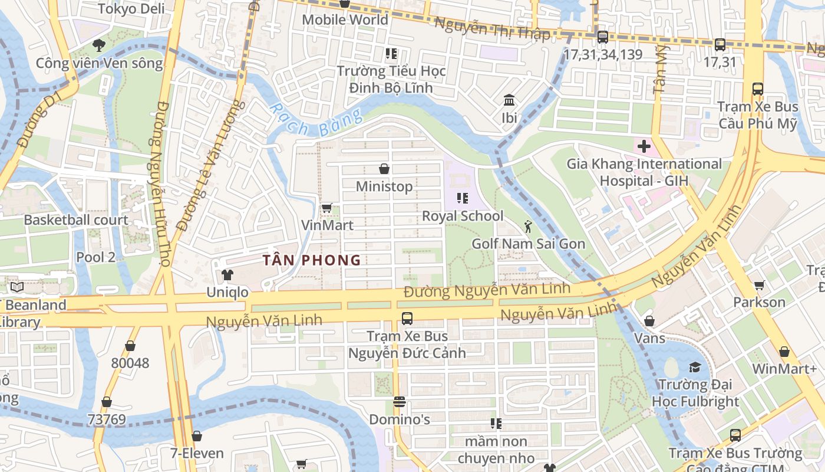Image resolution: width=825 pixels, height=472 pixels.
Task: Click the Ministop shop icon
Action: (x=384, y=169)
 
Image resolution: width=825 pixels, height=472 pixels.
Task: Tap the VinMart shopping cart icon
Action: (x=326, y=208)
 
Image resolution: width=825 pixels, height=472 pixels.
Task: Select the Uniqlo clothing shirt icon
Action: (x=227, y=274)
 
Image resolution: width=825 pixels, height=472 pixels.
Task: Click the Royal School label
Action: (x=463, y=216)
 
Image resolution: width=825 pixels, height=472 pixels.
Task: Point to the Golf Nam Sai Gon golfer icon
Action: (x=528, y=227)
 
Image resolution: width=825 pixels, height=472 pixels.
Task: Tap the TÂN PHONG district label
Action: (x=312, y=260)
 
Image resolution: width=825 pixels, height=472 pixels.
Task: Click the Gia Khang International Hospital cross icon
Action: (x=643, y=146)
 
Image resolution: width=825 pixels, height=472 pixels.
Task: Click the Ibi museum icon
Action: (x=509, y=100)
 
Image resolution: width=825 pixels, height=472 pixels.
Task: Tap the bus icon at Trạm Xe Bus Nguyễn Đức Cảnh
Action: (x=407, y=319)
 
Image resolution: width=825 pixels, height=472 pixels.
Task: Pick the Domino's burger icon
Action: (x=399, y=402)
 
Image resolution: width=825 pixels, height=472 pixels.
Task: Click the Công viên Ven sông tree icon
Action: (x=99, y=45)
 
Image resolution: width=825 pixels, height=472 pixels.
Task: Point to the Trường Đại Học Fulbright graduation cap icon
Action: (x=695, y=367)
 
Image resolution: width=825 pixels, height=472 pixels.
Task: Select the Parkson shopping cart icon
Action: (x=759, y=285)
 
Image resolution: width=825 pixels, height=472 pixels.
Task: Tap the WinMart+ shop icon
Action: (x=784, y=352)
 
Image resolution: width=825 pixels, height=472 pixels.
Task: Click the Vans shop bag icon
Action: (x=649, y=321)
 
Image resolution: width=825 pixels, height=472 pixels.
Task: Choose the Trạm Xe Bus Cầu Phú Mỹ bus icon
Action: (x=758, y=89)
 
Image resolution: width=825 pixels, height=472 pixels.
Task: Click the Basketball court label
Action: (x=76, y=220)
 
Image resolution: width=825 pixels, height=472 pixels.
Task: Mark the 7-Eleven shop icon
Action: (x=197, y=436)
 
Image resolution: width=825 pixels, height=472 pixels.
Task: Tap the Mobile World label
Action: (x=345, y=19)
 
